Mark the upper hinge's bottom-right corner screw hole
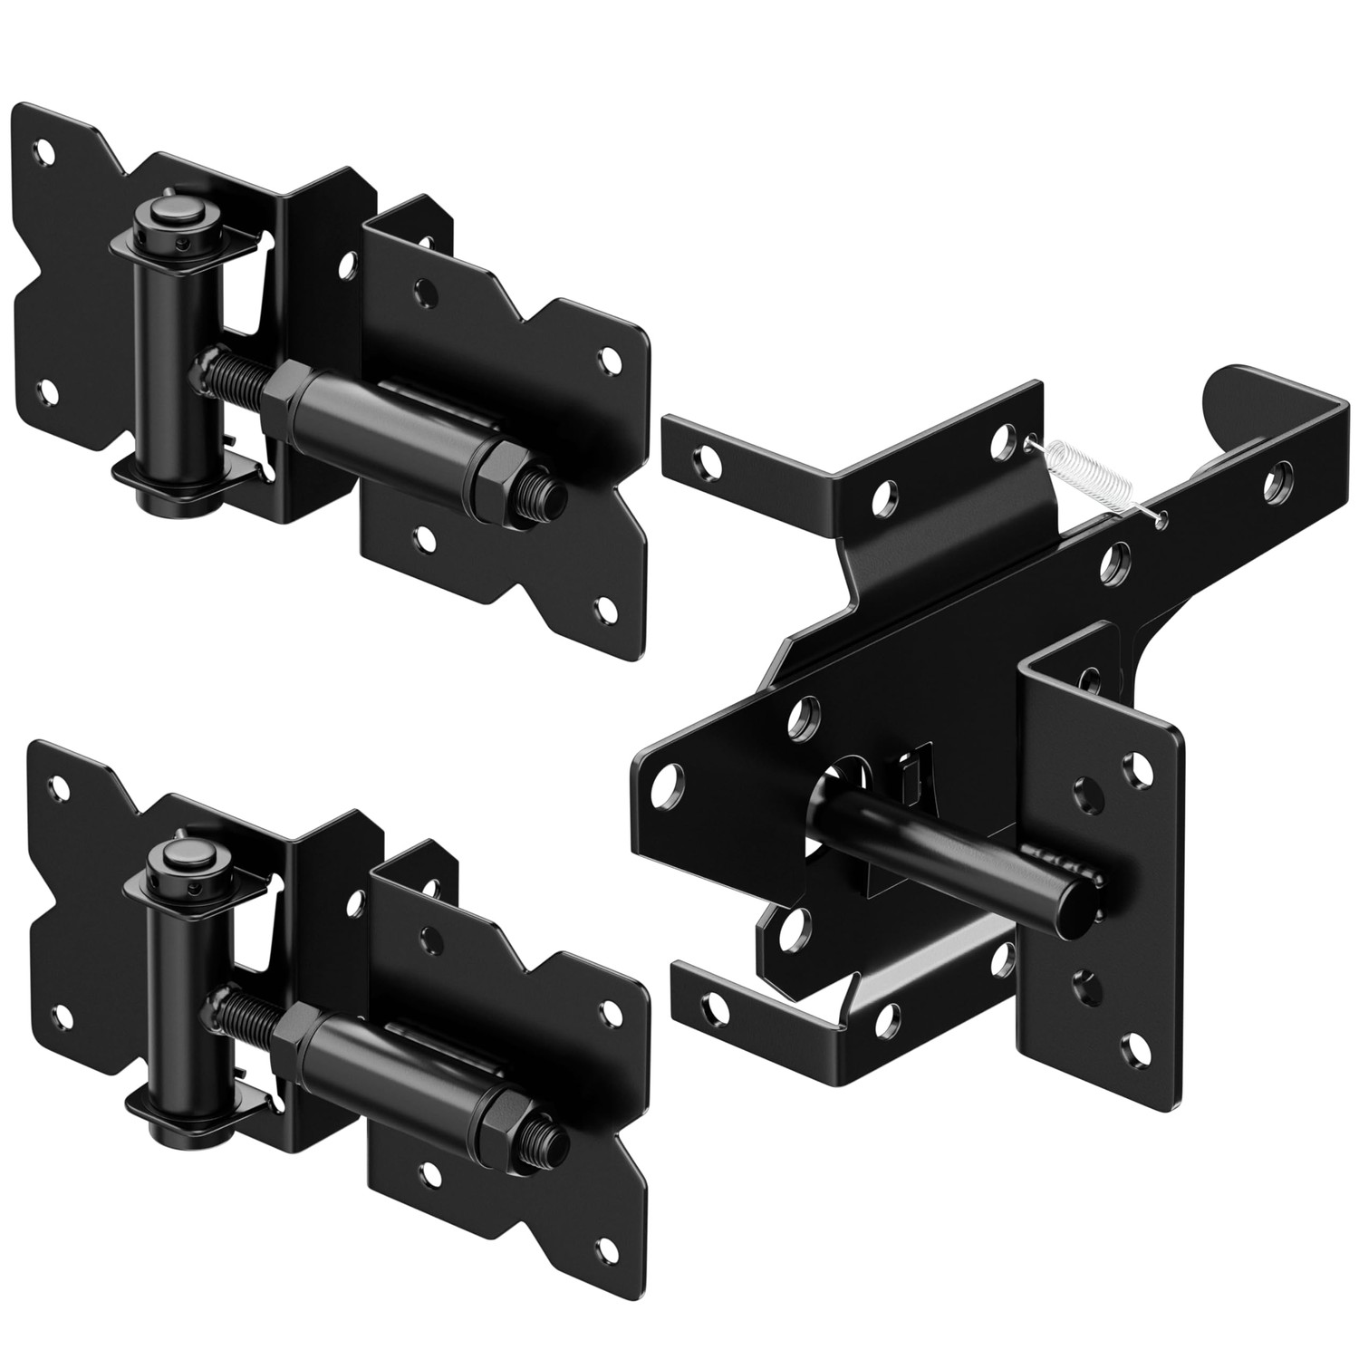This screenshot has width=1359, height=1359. coord(601,606)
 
